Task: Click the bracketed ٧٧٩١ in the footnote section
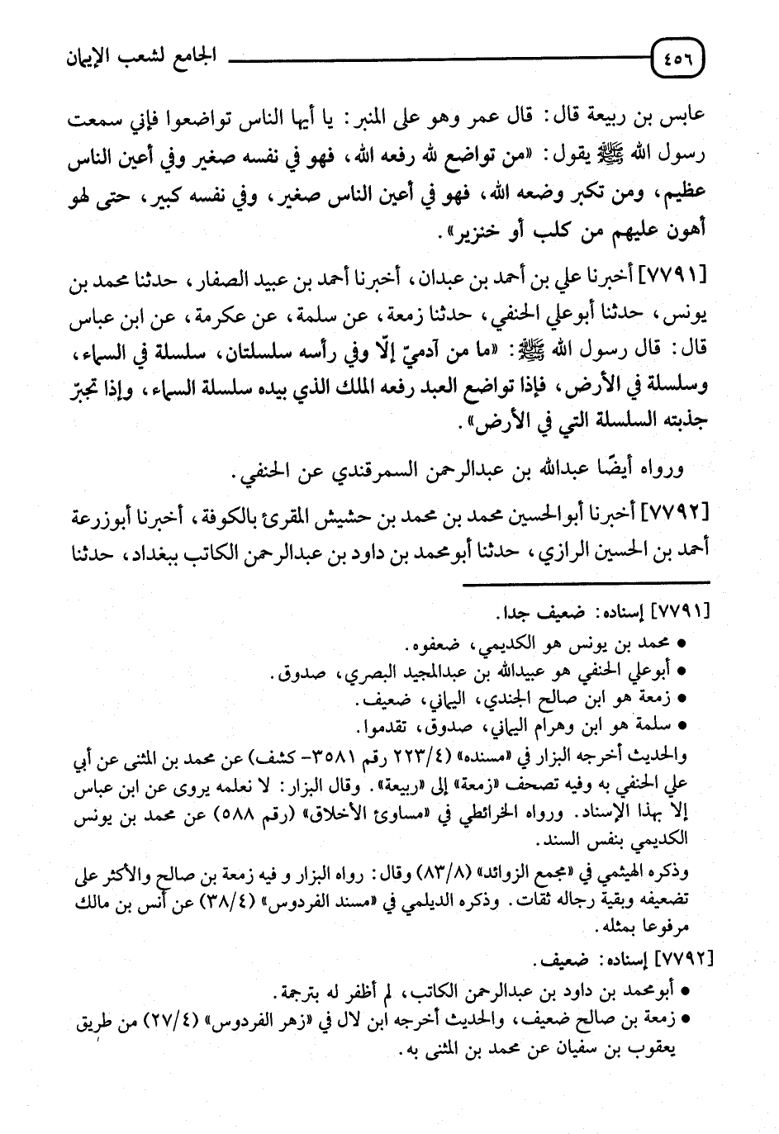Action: coord(679,614)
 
